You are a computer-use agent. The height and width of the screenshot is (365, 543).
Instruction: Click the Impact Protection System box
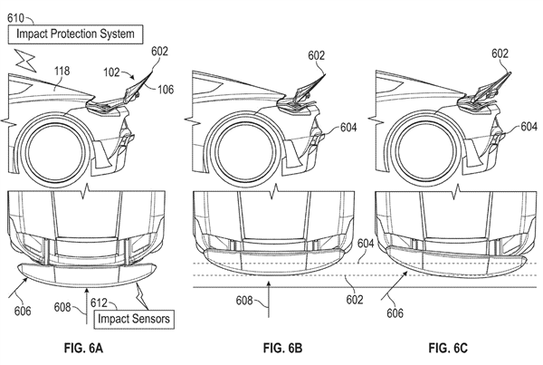(x=75, y=34)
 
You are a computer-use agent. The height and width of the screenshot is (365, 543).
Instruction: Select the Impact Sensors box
(x=134, y=319)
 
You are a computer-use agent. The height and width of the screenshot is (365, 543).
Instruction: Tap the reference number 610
(x=16, y=18)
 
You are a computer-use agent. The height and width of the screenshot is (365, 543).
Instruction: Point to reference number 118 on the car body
(x=62, y=71)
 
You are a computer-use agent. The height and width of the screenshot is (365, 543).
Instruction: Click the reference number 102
(x=111, y=72)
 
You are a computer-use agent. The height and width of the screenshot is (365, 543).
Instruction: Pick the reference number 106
(x=166, y=90)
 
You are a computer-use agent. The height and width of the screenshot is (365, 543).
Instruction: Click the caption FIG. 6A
(x=83, y=348)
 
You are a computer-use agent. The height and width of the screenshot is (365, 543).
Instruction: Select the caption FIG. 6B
(x=282, y=348)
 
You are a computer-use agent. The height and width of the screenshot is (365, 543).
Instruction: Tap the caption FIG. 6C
(x=448, y=348)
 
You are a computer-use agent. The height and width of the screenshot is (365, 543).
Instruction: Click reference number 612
(x=99, y=303)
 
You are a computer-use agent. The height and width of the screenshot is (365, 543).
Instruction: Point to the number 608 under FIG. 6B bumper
(x=244, y=300)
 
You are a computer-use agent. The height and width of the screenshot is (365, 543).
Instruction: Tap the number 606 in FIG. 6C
(x=395, y=313)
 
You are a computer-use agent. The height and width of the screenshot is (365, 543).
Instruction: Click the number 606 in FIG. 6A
(x=23, y=311)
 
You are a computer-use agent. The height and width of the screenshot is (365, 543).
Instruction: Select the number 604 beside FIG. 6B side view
(x=348, y=128)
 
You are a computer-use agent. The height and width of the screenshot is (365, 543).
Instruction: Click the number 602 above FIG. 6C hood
(x=500, y=53)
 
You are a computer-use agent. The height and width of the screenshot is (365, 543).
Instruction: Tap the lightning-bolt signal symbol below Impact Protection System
(x=25, y=61)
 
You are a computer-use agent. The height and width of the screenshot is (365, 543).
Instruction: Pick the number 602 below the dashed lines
(x=355, y=300)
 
